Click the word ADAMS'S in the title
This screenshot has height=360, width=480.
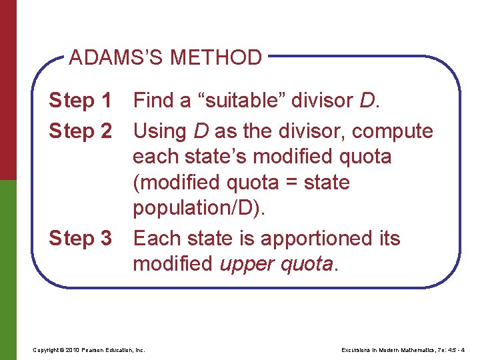[x=117, y=58]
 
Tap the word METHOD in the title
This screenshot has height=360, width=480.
[x=215, y=58]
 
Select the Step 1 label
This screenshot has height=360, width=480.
[x=81, y=101]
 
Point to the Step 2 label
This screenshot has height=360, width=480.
[x=81, y=131]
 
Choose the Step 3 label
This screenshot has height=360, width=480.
[x=81, y=238]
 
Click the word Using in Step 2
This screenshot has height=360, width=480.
[x=161, y=131]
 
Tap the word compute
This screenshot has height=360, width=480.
[x=393, y=131]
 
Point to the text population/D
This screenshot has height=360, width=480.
[x=199, y=209]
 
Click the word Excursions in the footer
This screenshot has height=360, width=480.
[x=355, y=350]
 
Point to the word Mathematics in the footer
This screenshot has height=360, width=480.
[x=417, y=350]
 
